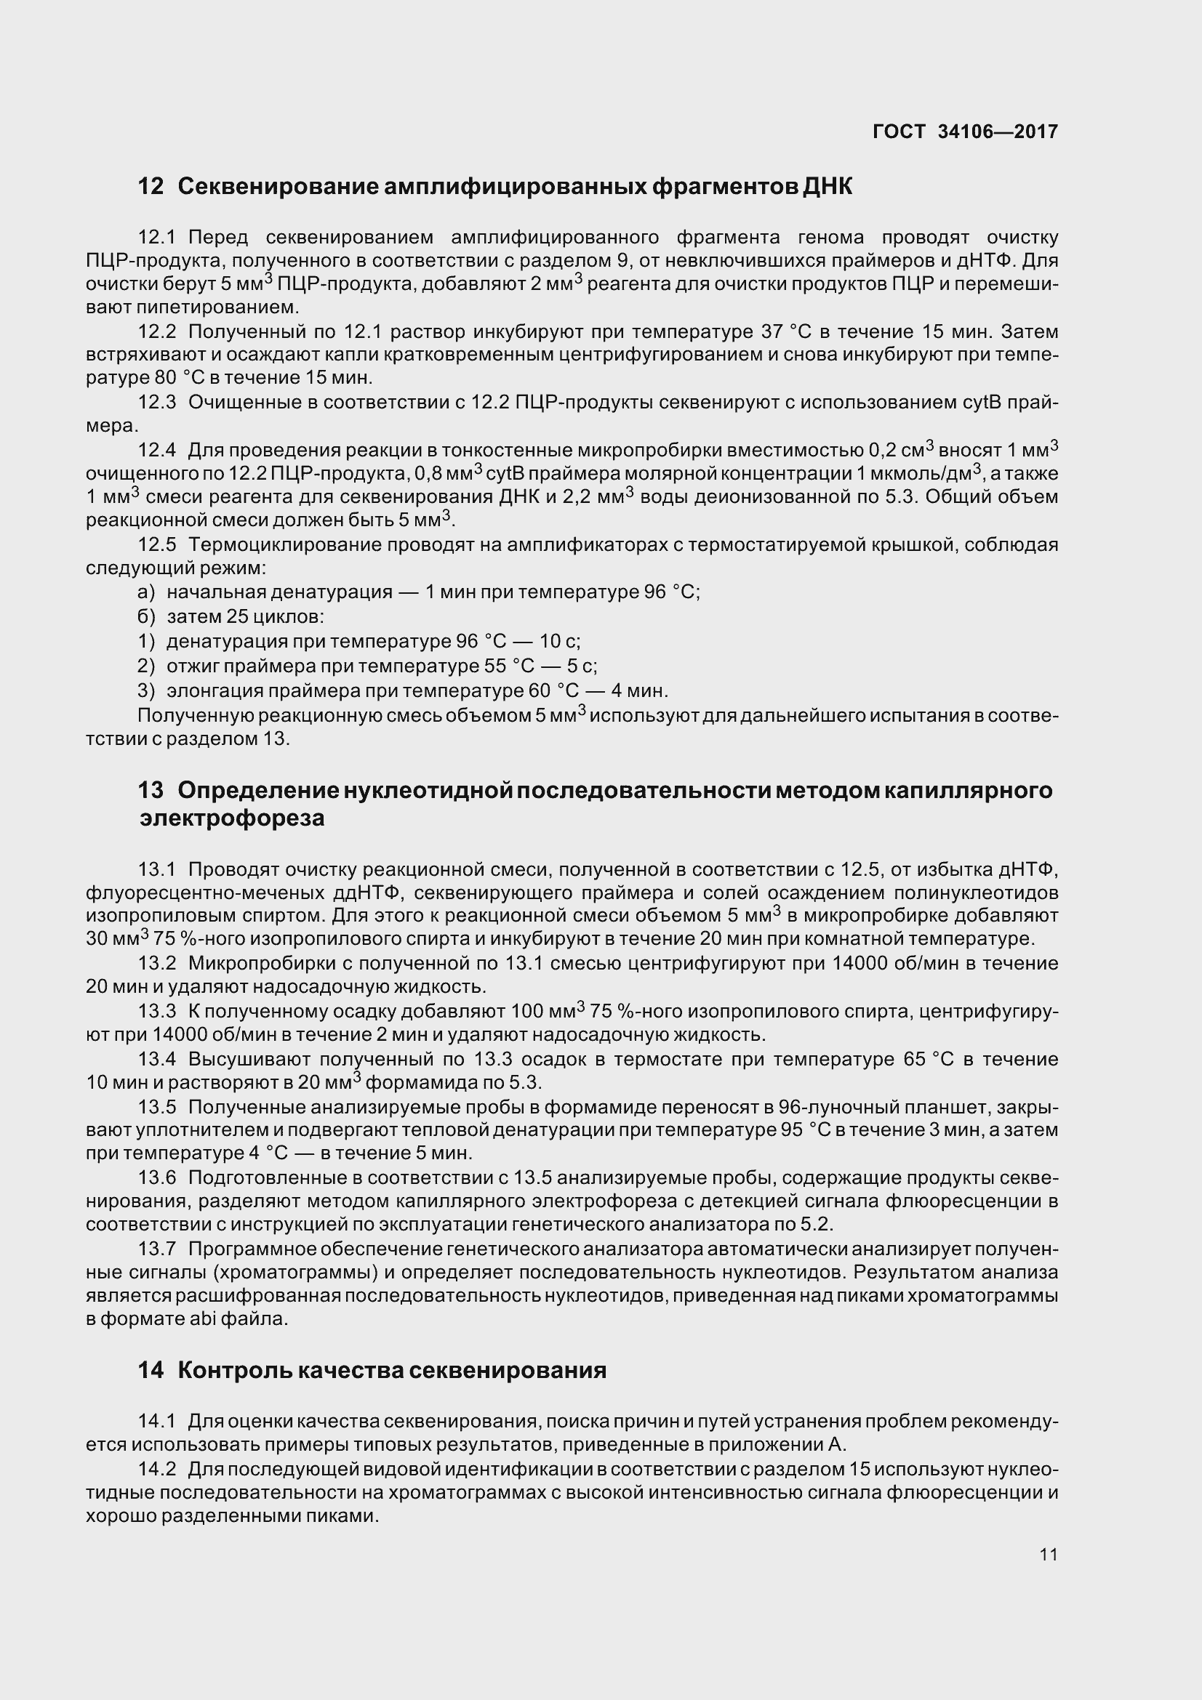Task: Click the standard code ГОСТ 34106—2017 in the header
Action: tap(965, 132)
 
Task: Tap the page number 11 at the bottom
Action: tap(1049, 1553)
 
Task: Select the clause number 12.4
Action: tap(157, 449)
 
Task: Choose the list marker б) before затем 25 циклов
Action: tap(147, 616)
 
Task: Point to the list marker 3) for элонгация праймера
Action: tap(146, 690)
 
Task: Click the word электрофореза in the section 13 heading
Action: tap(232, 819)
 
